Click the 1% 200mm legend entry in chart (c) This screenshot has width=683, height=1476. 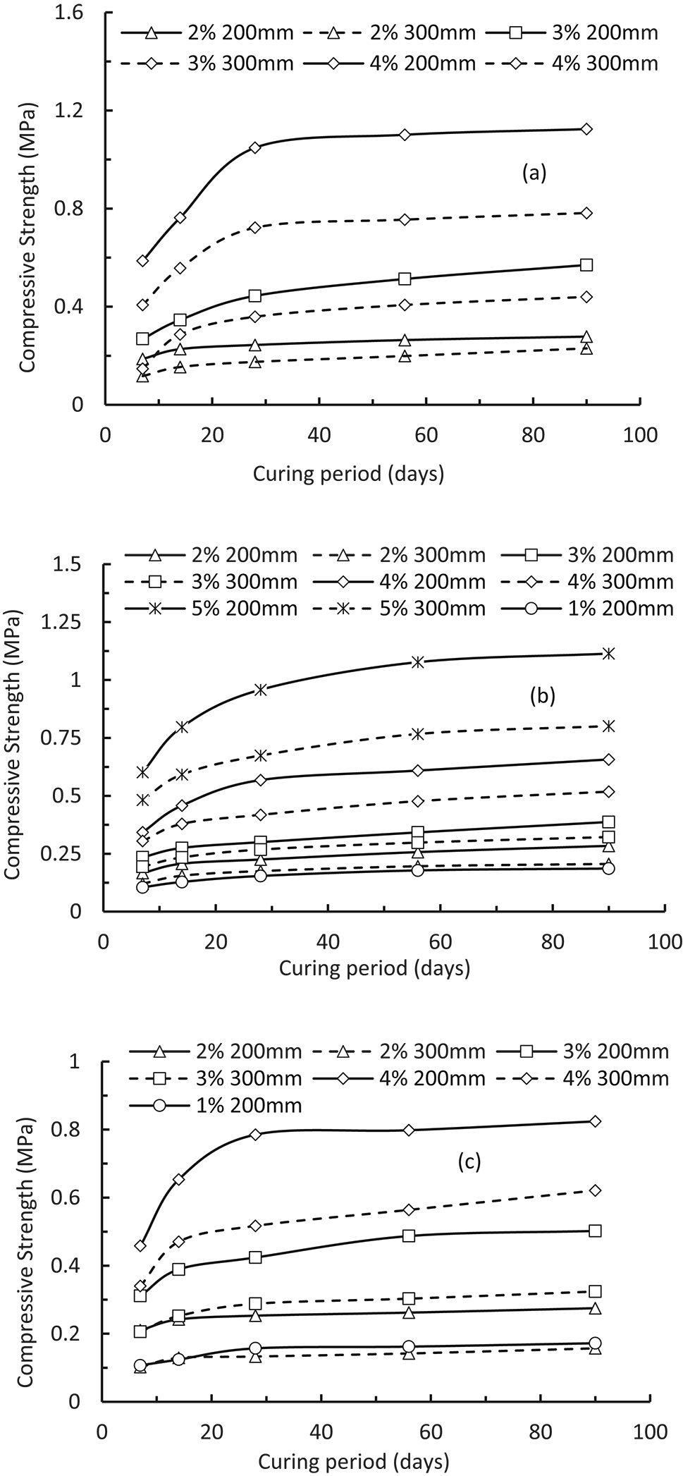(215, 1106)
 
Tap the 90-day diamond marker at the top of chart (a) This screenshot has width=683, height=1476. (586, 129)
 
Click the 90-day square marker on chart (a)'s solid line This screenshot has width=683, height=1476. (586, 265)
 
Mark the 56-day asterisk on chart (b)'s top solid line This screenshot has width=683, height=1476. (418, 661)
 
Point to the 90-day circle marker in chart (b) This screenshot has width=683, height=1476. (608, 868)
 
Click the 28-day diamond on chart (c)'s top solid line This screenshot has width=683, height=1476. (256, 1134)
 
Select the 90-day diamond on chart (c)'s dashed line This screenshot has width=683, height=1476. (595, 1190)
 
